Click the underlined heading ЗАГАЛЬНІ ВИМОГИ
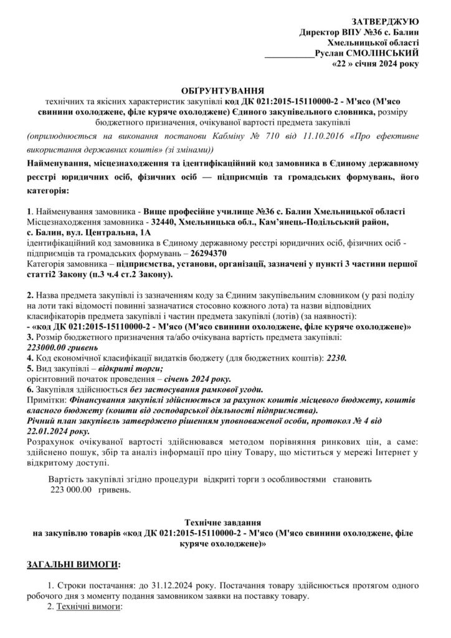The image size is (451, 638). tap(72, 564)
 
